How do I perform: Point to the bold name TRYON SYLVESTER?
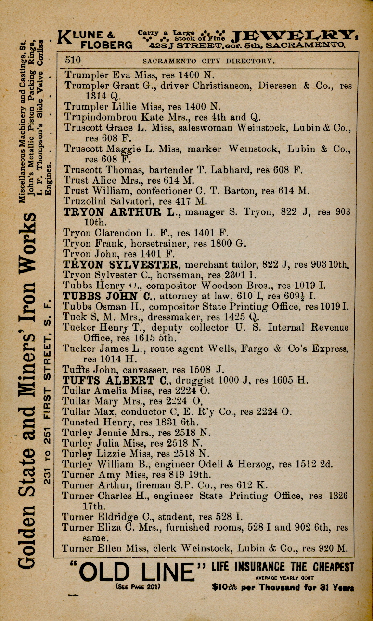click(121, 264)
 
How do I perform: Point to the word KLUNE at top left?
click(88, 35)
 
